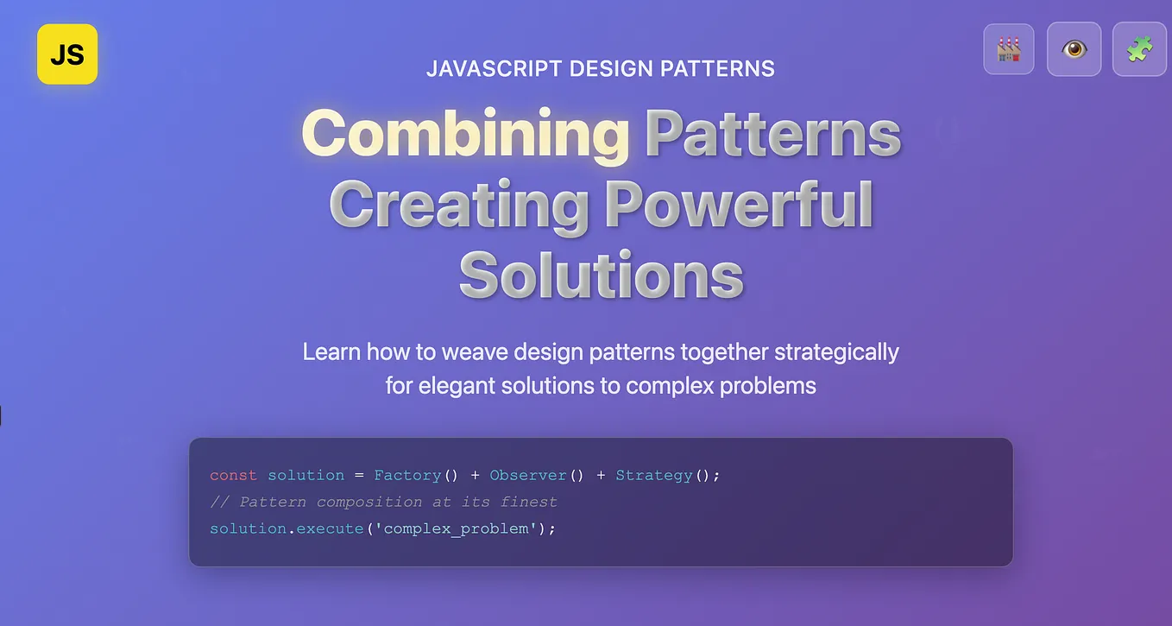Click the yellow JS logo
(x=67, y=54)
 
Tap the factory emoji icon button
(x=1009, y=49)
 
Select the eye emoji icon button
(x=1074, y=49)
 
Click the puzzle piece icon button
(x=1139, y=49)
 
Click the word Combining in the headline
(x=465, y=135)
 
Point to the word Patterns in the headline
(x=772, y=135)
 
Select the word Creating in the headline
(x=459, y=206)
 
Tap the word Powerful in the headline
(x=739, y=206)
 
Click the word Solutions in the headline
(x=601, y=275)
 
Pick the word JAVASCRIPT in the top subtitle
(x=495, y=69)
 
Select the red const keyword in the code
(x=233, y=476)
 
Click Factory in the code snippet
(x=407, y=476)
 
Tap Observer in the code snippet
(x=527, y=476)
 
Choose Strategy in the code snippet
(x=653, y=476)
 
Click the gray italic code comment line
(x=383, y=502)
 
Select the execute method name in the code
(x=330, y=528)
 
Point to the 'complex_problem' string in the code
(x=456, y=528)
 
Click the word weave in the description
(x=469, y=352)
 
